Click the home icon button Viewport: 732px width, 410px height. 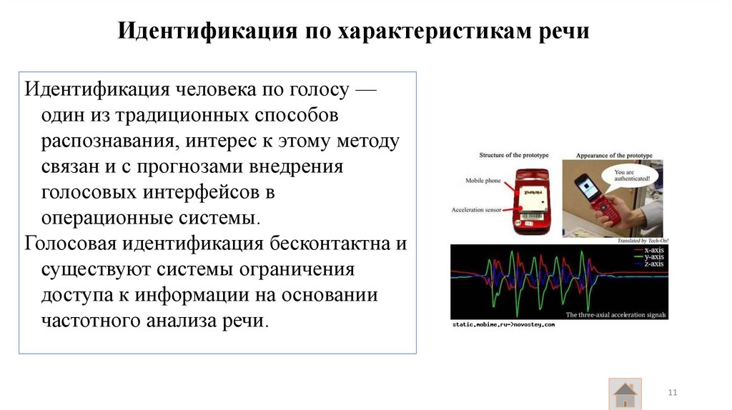(x=625, y=394)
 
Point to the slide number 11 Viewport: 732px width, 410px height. (x=672, y=394)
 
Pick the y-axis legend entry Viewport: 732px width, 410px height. (x=652, y=257)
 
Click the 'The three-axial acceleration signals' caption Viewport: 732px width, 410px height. (x=615, y=314)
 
